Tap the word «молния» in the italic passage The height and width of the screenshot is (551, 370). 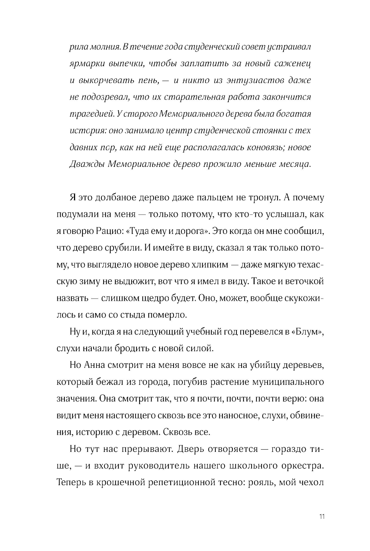(97, 47)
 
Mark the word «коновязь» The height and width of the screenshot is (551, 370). (266, 147)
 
